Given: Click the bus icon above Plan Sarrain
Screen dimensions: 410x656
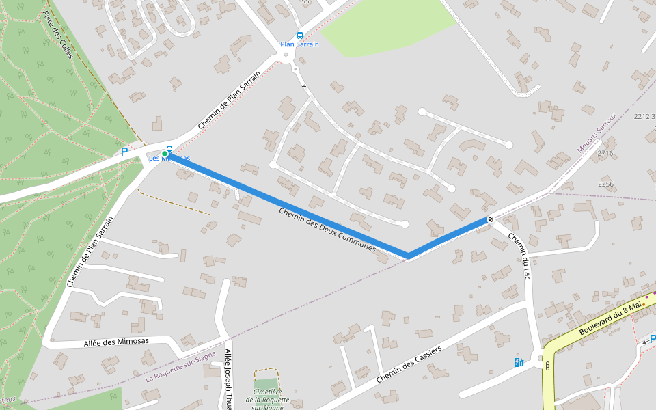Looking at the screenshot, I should [300, 36].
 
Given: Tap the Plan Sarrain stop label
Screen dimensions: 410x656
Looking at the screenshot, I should [299, 44].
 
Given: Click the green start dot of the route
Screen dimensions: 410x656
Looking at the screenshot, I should [165, 154].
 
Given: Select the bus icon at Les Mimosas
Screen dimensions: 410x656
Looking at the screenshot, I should [170, 150].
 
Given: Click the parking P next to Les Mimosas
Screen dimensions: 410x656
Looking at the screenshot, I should [124, 152].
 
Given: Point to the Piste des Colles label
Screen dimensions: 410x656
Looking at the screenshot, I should [57, 34].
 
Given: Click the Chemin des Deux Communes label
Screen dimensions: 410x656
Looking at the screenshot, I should [327, 230].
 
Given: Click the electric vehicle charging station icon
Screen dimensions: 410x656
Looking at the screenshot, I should [519, 363].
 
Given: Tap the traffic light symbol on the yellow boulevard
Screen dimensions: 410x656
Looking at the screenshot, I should [547, 366].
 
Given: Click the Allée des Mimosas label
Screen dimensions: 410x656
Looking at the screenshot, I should [117, 342].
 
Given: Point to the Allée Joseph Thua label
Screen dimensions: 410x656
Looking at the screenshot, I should [228, 379].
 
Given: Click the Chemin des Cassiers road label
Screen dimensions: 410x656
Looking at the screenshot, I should [408, 363].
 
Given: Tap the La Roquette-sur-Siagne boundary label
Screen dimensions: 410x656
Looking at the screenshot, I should [180, 366].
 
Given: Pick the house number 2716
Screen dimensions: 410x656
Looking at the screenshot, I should [605, 154].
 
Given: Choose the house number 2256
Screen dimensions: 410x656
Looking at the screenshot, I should [605, 184].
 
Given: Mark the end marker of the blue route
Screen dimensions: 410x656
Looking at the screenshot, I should [491, 219].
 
